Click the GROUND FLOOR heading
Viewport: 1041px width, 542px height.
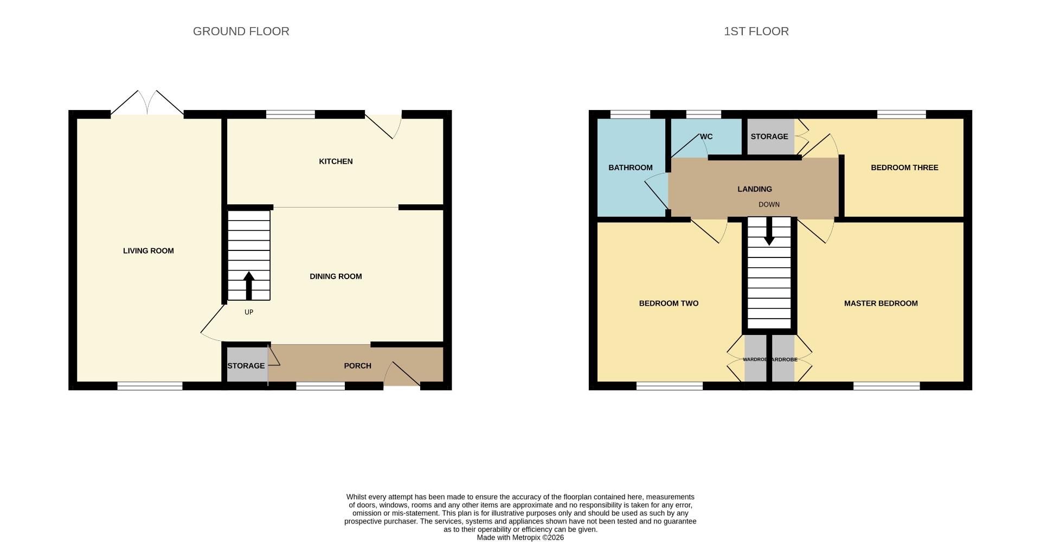[241, 31]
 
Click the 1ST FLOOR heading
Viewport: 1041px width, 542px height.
[756, 31]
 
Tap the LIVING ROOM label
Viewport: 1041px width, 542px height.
[148, 251]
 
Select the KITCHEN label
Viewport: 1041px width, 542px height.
[336, 162]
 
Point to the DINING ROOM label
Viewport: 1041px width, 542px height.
[336, 276]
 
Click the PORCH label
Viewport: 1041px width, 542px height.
[357, 366]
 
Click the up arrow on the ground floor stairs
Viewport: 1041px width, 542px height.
[249, 285]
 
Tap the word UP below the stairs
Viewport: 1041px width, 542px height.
[249, 312]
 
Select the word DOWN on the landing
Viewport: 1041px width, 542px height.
[769, 205]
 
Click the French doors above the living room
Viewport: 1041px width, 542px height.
[147, 103]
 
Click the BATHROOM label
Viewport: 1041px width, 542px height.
[630, 167]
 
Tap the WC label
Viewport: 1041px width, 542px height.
[706, 137]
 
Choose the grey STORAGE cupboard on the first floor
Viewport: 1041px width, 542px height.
[769, 137]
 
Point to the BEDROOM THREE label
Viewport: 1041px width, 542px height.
[904, 167]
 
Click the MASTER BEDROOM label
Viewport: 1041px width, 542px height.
[881, 304]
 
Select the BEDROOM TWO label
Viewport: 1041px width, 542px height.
[669, 304]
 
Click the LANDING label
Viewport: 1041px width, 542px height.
[754, 189]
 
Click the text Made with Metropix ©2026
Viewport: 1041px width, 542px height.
[520, 538]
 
